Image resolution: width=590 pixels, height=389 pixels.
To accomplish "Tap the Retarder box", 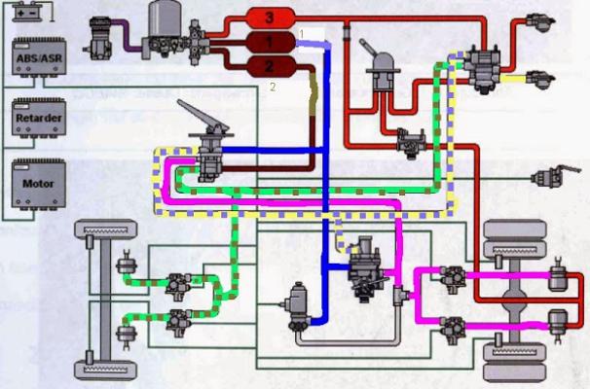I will pos(35,121).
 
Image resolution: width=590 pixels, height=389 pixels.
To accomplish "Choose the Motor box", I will pos(35,183).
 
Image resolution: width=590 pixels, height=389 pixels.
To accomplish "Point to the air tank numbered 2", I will pos(274,66).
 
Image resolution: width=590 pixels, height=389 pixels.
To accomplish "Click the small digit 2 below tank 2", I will pos(273,87).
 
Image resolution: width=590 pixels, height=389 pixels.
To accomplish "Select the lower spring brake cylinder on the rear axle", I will pos(556,320).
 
